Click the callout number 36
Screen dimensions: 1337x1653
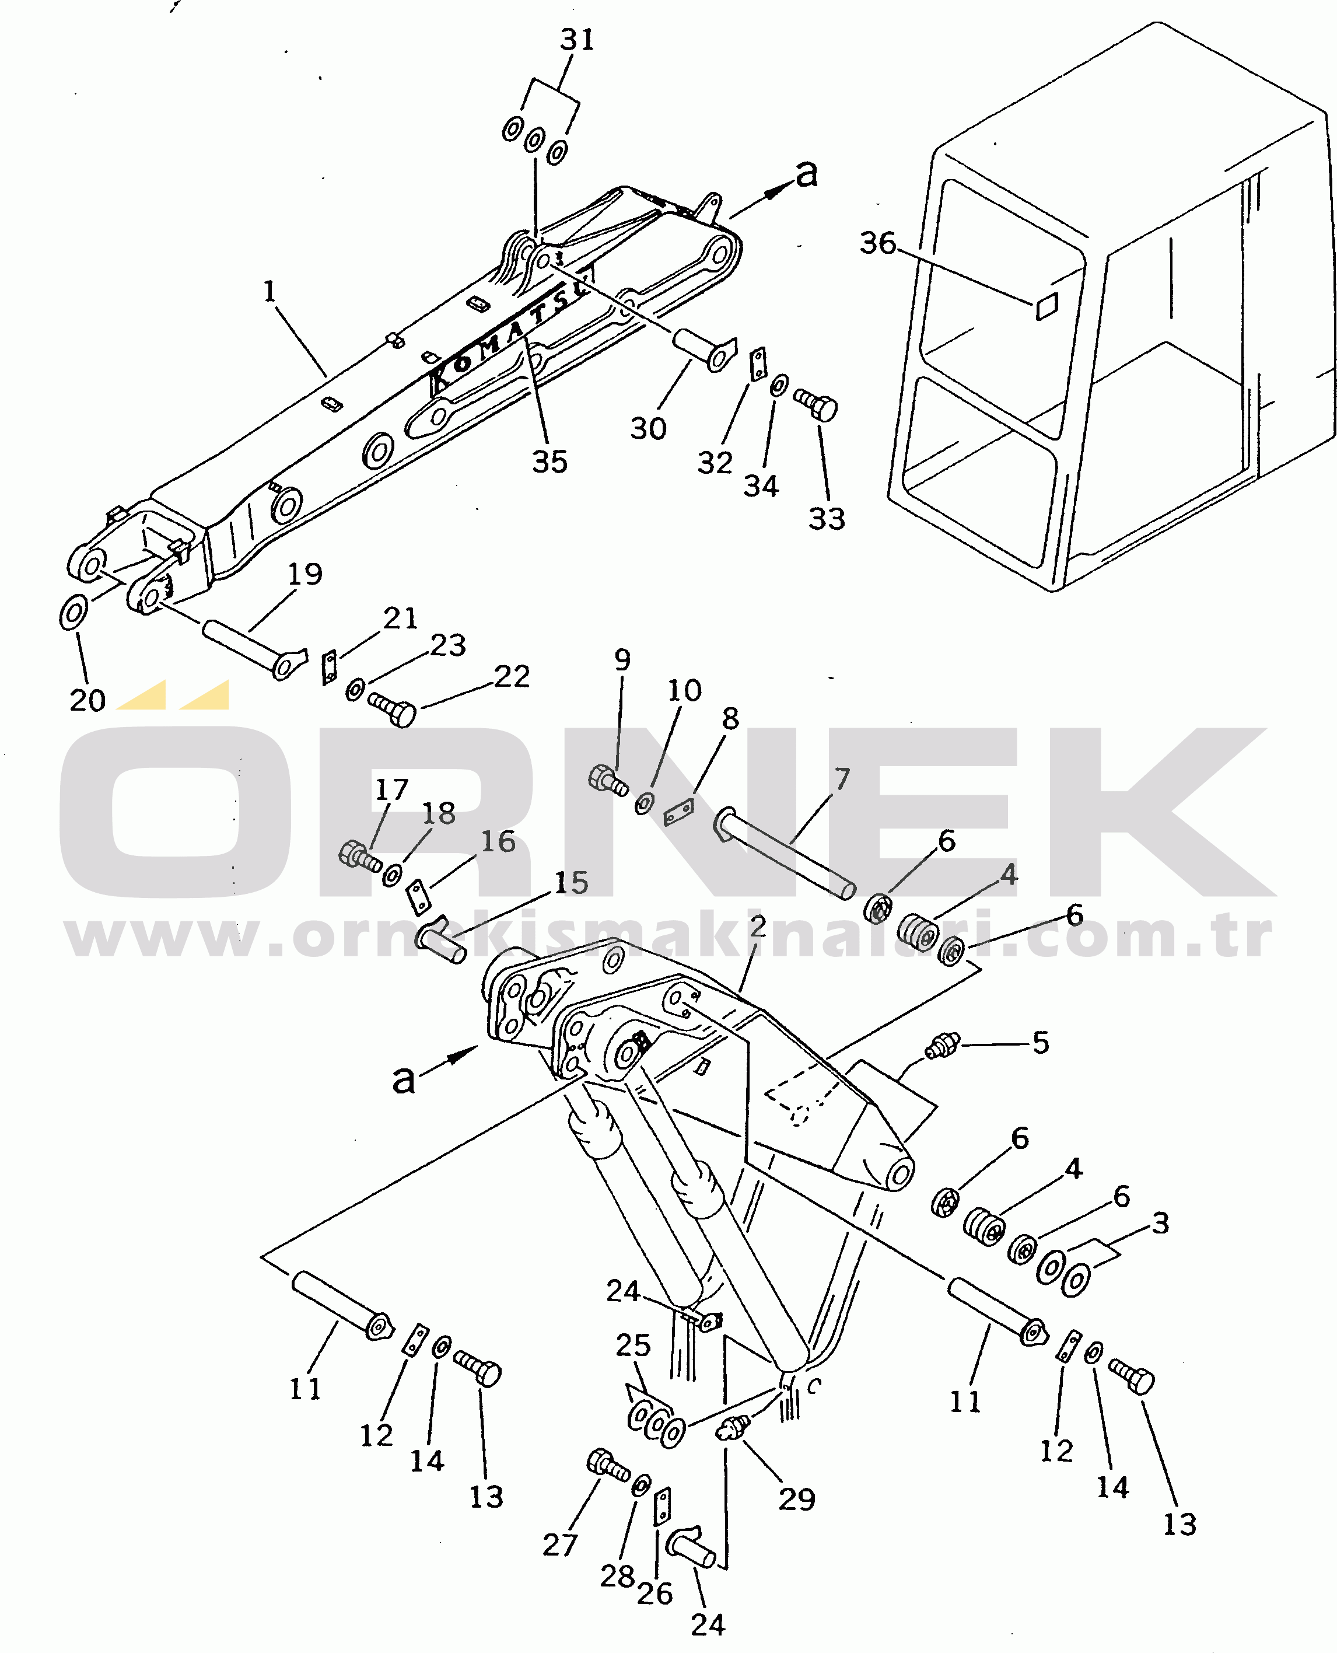[878, 243]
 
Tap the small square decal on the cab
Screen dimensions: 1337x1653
[1046, 306]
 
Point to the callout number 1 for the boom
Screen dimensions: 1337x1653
[269, 291]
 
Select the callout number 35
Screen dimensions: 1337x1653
[550, 462]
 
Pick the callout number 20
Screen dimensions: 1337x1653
[87, 700]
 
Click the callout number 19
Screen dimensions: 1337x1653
[305, 573]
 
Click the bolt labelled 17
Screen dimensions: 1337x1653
[359, 856]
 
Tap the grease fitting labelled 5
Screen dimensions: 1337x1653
[943, 1045]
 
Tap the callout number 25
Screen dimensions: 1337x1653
[633, 1345]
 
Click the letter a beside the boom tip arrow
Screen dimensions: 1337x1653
[806, 173]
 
